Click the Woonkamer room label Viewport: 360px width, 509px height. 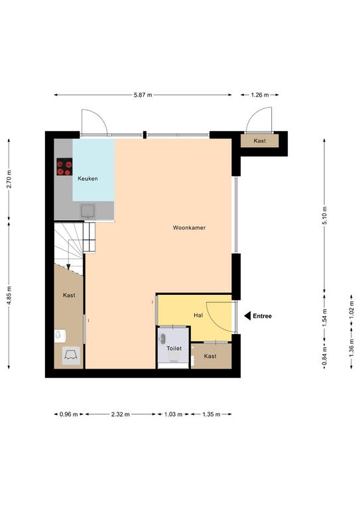coord(189,228)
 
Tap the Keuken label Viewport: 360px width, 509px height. coord(88,178)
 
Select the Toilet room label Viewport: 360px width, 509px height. coord(174,349)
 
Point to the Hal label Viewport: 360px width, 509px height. coord(198,315)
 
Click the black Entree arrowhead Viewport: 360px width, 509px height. coord(247,316)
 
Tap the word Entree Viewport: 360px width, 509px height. coord(263,316)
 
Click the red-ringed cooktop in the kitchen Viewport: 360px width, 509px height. coord(64,166)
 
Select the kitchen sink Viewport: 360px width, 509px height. coord(88,211)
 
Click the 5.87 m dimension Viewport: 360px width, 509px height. coord(143,95)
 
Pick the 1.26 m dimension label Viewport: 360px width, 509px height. coord(260,95)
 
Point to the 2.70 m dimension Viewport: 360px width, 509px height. coord(9,179)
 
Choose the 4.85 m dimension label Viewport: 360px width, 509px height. coord(9,295)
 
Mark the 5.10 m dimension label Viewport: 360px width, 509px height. coord(325,215)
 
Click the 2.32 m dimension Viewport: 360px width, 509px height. coord(121,414)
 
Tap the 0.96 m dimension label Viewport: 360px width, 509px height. coord(69,414)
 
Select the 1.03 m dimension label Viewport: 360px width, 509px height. coord(173,414)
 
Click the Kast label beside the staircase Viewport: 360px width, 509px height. coord(69,295)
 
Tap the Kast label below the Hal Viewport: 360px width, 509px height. coord(210,356)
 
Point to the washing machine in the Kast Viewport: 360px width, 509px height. coord(71,356)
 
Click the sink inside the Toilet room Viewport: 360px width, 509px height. coord(162,339)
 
